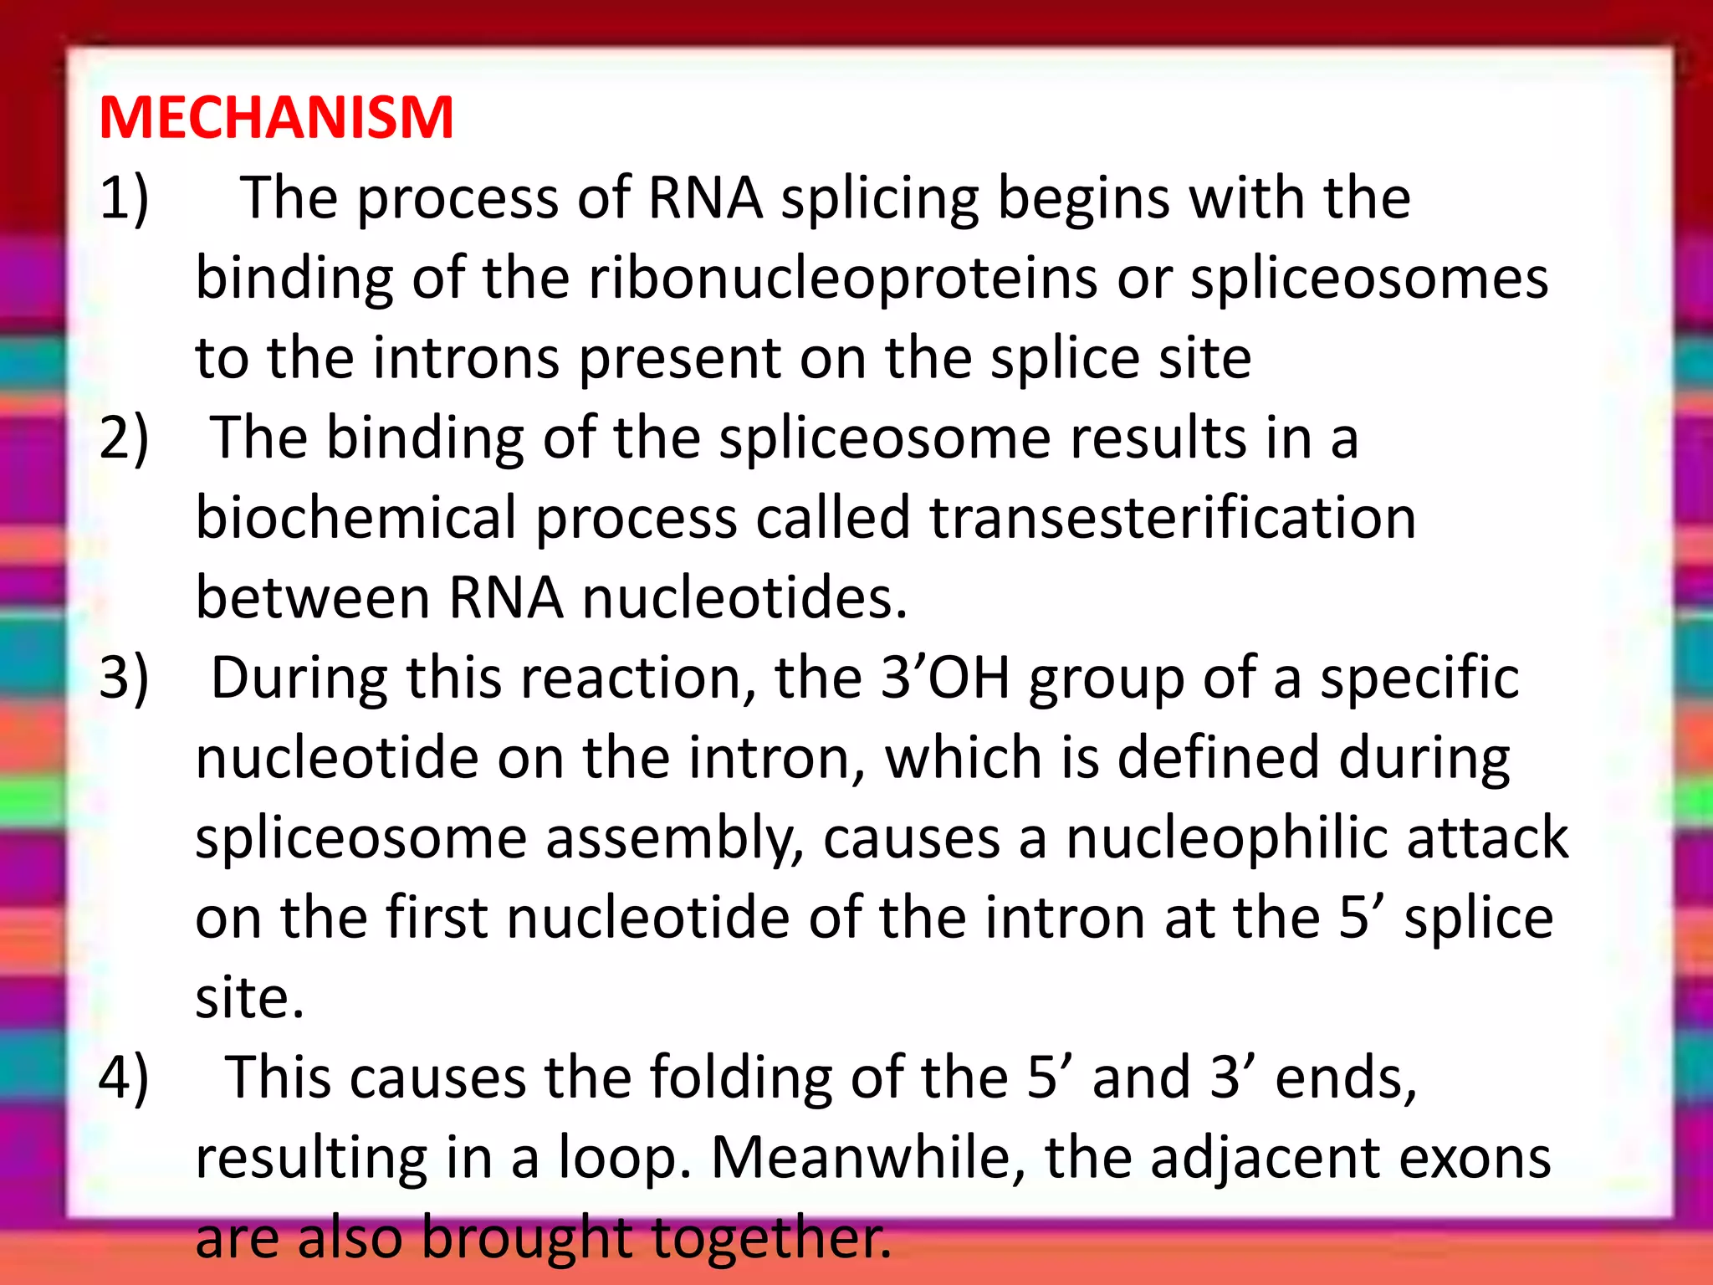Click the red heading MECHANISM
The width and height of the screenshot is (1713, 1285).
(276, 118)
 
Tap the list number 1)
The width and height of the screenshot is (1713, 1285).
(124, 199)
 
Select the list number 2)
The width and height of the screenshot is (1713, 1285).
(124, 438)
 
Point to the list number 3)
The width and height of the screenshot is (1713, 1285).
(124, 678)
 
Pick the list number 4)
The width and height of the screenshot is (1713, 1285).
(124, 1078)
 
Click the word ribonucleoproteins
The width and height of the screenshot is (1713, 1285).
(842, 279)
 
